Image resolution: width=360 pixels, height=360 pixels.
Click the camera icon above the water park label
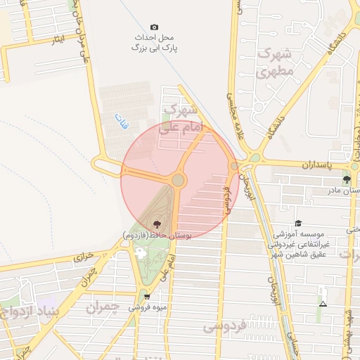point(155,27)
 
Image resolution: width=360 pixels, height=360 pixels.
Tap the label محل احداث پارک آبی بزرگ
point(155,42)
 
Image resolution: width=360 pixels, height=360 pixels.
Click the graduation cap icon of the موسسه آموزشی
point(298,222)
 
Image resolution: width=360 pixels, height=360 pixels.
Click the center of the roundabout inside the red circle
point(178,181)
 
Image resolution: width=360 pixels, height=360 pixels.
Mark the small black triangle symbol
point(323,304)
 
